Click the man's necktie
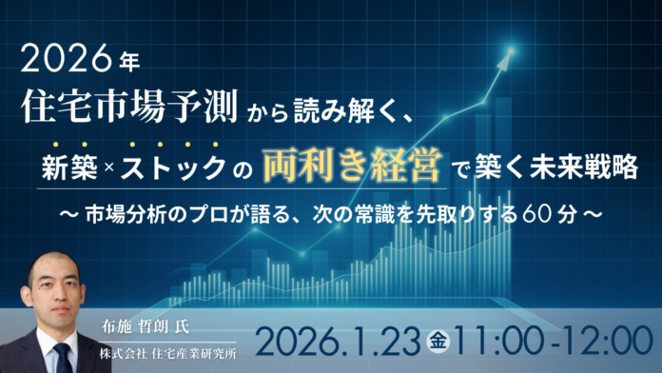point(63,353)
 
